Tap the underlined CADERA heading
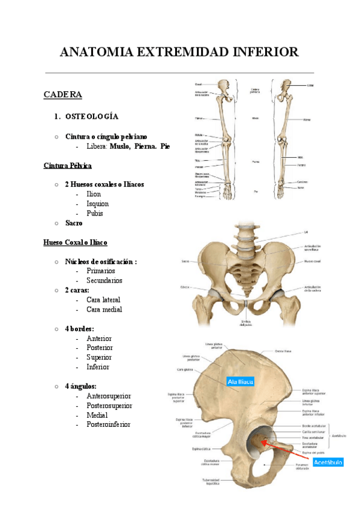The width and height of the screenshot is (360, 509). coord(62,95)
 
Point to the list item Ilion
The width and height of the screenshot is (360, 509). coord(94,194)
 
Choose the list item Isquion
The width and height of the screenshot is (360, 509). coord(98,203)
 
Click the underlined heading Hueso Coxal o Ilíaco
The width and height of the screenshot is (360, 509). coord(75,242)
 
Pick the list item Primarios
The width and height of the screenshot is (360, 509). coord(101,271)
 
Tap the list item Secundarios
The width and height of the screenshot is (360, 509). coord(104,280)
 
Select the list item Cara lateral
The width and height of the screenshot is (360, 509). coord(103,300)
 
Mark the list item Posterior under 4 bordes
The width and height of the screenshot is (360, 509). coord(100,348)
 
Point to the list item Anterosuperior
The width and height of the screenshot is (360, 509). coord(109,396)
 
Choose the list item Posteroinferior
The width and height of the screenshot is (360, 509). coord(109,424)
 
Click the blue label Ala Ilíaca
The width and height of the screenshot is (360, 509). coord(241,381)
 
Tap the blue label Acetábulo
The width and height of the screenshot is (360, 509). coord(328,462)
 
